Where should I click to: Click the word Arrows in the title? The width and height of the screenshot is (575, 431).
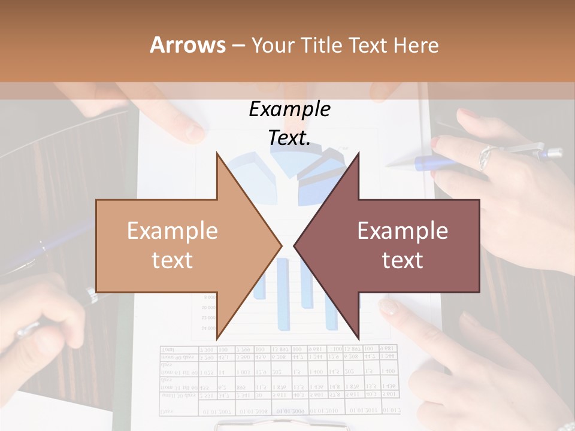click(188, 45)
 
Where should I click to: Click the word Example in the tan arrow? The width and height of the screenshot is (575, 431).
click(172, 231)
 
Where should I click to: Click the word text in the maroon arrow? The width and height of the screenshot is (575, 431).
click(402, 260)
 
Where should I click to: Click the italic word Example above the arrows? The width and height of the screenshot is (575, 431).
click(290, 110)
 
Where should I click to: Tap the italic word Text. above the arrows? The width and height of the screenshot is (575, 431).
click(290, 138)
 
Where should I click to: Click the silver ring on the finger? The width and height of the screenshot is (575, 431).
click(485, 157)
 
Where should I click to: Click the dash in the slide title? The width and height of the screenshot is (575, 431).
click(238, 46)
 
